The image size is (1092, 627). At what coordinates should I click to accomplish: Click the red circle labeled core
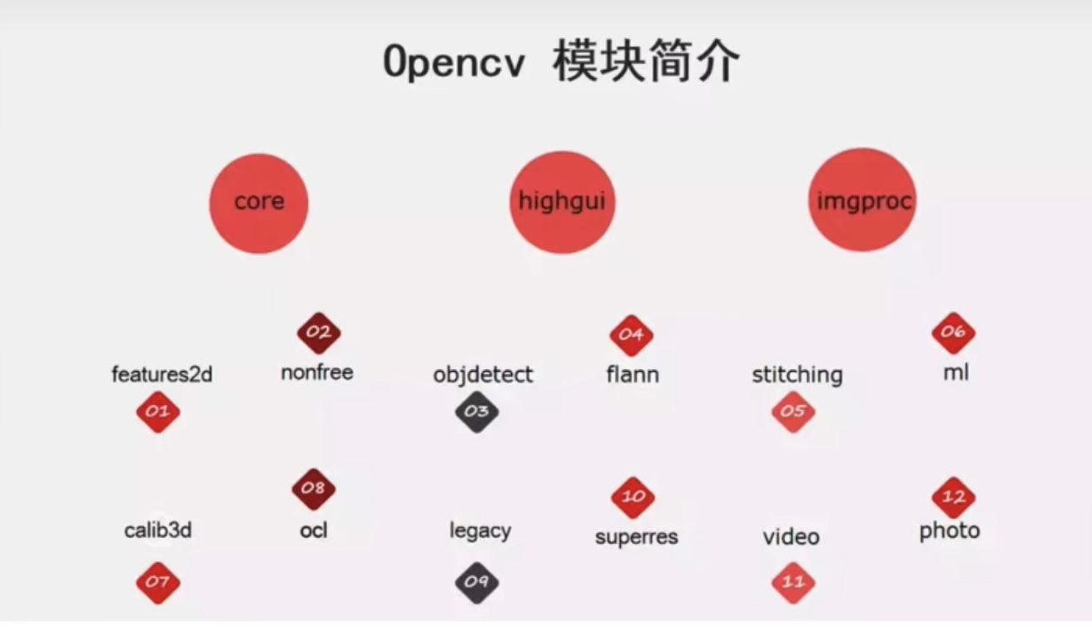click(259, 204)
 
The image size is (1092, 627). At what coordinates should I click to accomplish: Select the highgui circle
click(563, 203)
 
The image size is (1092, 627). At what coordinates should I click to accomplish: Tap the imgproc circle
click(863, 200)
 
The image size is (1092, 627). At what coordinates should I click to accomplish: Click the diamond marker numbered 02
click(320, 333)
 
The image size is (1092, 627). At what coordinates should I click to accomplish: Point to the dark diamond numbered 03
click(477, 412)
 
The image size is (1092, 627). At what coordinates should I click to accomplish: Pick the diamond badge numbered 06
click(954, 333)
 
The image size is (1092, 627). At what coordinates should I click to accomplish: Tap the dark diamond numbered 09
click(477, 583)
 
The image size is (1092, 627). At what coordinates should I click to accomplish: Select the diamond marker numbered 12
click(954, 497)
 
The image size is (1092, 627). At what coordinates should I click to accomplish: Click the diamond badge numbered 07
click(158, 583)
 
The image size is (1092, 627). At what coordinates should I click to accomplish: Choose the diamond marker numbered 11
click(794, 583)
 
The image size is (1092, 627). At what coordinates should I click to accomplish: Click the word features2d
click(162, 375)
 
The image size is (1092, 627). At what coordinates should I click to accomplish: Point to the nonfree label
click(317, 373)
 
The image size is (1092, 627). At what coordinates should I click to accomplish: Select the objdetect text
click(483, 376)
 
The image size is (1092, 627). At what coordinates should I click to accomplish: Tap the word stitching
click(797, 376)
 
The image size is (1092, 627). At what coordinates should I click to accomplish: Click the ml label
click(956, 373)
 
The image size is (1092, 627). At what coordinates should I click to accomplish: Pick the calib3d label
click(158, 531)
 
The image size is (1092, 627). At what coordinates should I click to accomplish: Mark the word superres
click(637, 537)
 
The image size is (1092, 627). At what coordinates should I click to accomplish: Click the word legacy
click(480, 531)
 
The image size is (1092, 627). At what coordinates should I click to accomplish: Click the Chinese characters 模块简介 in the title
click(647, 61)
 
